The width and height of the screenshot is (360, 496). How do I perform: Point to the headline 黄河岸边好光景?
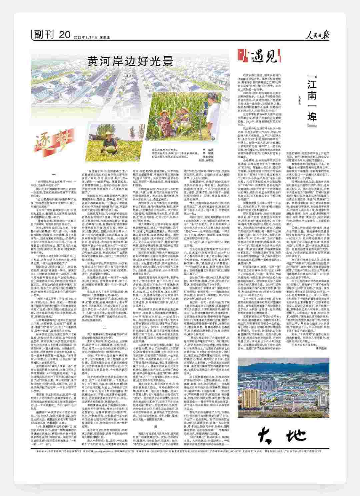[131, 61]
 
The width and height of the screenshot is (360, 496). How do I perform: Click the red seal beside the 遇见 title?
[242, 55]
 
